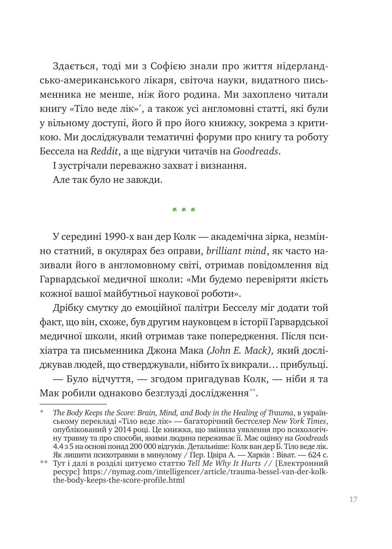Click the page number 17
pos(353,499)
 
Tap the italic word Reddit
pos(105,152)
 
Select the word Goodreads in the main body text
pos(256,152)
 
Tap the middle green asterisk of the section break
pos(184,210)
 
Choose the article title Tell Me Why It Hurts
pos(224,463)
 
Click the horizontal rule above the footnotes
pos(73,403)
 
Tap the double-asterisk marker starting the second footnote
pos(44,464)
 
